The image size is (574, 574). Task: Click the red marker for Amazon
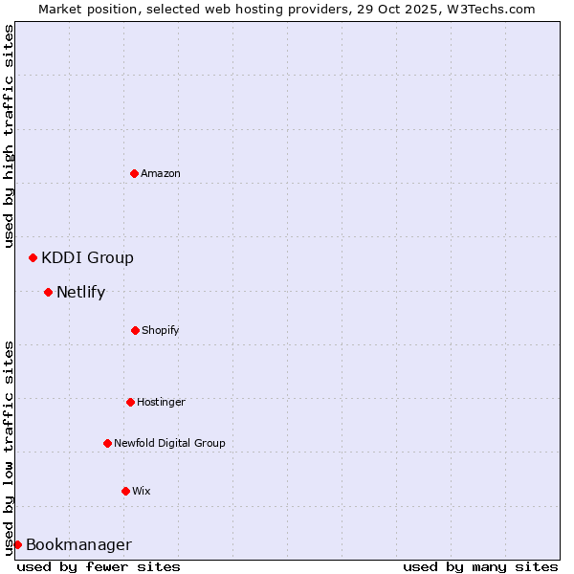coord(134,173)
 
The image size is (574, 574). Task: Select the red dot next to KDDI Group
coord(33,257)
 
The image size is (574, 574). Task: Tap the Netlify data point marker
coord(48,292)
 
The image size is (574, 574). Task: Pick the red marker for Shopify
coord(135,330)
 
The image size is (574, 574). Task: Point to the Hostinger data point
coord(130,402)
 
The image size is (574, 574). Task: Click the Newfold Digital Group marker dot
coord(107,443)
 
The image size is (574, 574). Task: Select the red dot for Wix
coord(125,491)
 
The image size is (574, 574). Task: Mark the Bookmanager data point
coord(17,544)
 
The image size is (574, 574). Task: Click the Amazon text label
coord(161,173)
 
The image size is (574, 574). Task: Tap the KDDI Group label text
coord(87,257)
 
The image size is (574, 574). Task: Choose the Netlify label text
coord(80,292)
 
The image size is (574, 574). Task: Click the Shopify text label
coord(161,330)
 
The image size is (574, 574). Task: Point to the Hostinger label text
coord(161,402)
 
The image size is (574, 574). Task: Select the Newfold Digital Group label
coord(169,443)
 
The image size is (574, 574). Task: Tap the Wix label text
coord(142,491)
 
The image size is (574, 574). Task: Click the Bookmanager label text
coord(78,545)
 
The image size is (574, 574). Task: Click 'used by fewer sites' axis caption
coord(99,566)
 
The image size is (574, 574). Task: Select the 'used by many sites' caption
coord(480,566)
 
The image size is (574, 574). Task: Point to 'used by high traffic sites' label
coord(9,136)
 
